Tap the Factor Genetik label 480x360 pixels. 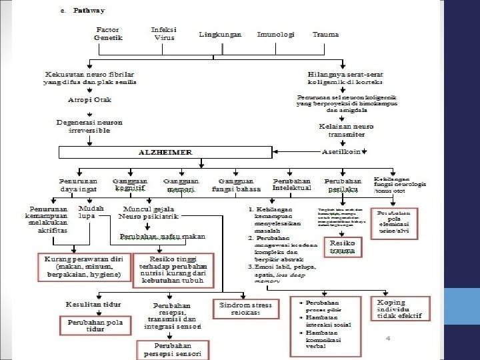click(108, 34)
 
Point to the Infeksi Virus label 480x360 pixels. click(164, 34)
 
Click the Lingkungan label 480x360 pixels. click(220, 34)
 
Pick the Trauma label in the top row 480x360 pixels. click(325, 34)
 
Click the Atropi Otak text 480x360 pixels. click(90, 100)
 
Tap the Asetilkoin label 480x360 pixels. click(341, 151)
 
